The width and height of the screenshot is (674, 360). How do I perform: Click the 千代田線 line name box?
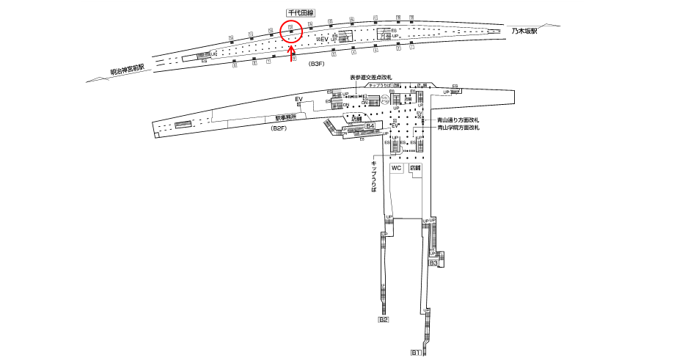click(x=300, y=12)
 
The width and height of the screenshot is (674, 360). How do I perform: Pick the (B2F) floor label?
click(x=279, y=130)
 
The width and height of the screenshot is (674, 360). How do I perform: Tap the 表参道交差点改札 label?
click(x=371, y=77)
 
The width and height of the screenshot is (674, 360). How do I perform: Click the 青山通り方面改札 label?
click(x=458, y=120)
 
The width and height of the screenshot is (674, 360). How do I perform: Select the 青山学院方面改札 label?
click(x=458, y=128)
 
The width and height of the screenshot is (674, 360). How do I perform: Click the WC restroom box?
click(x=396, y=168)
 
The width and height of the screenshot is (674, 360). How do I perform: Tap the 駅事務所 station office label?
click(x=285, y=117)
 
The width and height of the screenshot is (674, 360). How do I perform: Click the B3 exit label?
click(x=433, y=262)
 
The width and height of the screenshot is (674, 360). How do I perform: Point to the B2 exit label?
click(x=383, y=320)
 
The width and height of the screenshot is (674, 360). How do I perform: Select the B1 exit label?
click(x=415, y=353)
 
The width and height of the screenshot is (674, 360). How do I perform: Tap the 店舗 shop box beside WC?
click(x=416, y=168)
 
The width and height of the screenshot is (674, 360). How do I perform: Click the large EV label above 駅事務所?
click(x=298, y=99)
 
